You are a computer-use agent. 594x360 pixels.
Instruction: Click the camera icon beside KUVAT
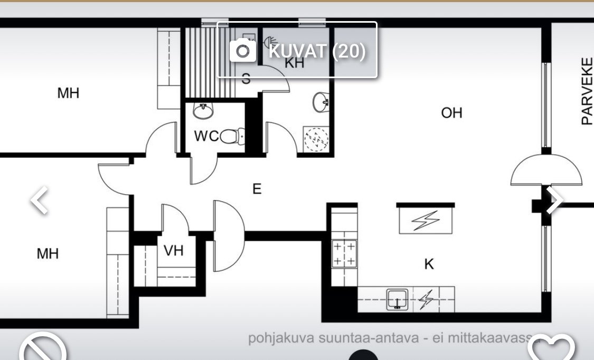tap(243, 50)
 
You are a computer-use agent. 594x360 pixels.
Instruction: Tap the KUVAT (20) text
tap(317, 51)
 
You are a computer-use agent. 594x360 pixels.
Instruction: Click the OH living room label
tap(451, 113)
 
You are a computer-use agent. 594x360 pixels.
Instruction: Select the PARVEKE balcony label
tap(587, 91)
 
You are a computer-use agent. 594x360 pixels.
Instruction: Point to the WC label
tap(206, 136)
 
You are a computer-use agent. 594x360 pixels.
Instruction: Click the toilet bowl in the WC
tap(232, 136)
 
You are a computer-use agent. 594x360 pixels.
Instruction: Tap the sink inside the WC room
tap(203, 110)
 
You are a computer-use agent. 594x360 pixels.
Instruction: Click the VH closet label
tap(174, 251)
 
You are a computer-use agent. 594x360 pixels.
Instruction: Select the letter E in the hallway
tap(257, 188)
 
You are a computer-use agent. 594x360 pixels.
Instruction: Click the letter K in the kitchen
tap(429, 264)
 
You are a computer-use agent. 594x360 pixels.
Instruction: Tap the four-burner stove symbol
tap(344, 253)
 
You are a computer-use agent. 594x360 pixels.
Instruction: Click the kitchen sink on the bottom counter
tap(397, 299)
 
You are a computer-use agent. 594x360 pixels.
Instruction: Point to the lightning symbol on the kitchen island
tap(426, 220)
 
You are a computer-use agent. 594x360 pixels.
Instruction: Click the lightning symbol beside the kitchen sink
tap(426, 299)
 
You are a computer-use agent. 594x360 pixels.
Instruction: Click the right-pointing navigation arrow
tap(555, 200)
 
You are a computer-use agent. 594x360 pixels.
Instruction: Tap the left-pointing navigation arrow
tap(40, 200)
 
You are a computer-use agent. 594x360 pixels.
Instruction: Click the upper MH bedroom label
tap(68, 93)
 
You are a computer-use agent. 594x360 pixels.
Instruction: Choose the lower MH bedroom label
tap(48, 253)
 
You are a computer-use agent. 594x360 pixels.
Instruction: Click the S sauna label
tap(246, 79)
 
